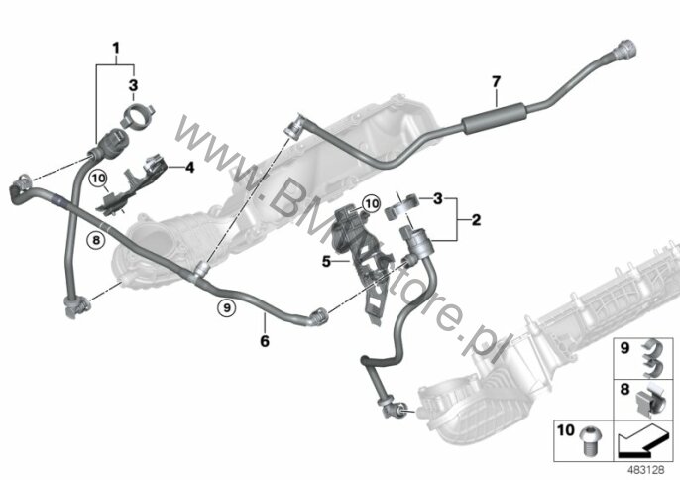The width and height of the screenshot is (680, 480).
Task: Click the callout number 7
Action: click(x=496, y=80)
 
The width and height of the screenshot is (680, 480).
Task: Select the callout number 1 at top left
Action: click(x=116, y=48)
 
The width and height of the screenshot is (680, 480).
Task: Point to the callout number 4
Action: click(x=189, y=168)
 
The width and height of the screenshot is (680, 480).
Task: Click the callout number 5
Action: click(x=324, y=263)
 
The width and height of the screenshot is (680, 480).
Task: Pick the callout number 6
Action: click(x=264, y=341)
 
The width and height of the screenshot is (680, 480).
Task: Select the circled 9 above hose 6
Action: click(x=227, y=309)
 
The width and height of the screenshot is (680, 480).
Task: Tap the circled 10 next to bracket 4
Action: click(x=98, y=179)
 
